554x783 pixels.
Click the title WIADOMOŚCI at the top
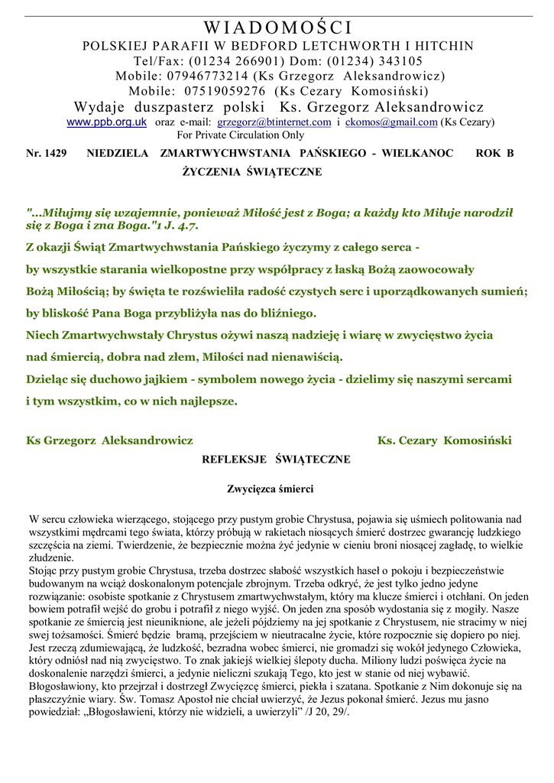277,28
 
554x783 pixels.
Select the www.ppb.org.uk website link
106,122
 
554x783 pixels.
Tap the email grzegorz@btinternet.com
274,122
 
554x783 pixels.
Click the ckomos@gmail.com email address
391,122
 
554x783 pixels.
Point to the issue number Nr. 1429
46,154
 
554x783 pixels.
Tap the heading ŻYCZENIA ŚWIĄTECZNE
251,173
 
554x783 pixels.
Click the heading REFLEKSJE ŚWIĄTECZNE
276,460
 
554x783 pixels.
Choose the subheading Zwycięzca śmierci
271,489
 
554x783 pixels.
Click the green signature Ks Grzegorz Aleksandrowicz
109,441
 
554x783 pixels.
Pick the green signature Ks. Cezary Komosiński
445,441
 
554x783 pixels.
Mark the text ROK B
494,154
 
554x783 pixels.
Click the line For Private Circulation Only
240,135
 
